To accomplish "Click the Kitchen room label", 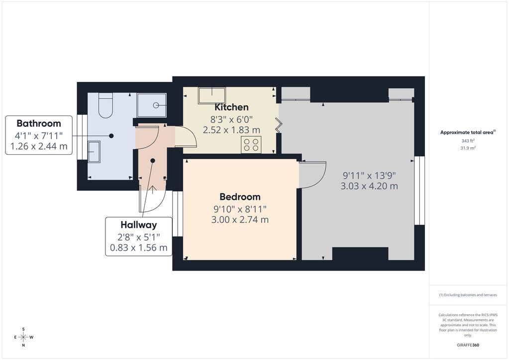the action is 232,107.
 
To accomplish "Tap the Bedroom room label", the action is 240,196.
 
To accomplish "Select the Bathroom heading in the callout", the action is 39,123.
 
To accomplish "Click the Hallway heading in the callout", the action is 139,225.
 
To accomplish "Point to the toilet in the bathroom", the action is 105,105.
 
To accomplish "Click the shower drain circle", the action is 156,105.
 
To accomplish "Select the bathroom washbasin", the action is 94,152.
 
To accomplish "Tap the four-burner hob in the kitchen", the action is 251,145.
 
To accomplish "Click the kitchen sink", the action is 212,95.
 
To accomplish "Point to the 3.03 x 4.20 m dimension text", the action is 369,186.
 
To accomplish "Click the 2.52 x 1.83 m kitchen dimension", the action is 231,130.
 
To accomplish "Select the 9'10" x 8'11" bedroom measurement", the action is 240,209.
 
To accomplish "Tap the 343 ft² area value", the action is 468,141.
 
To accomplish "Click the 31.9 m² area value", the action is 468,148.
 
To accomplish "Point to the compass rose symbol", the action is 23,337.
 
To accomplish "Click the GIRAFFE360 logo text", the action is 468,345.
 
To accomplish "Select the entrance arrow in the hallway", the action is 153,189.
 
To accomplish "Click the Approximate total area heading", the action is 468,132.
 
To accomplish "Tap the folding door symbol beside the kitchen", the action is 279,125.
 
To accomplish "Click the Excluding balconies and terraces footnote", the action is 468,295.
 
